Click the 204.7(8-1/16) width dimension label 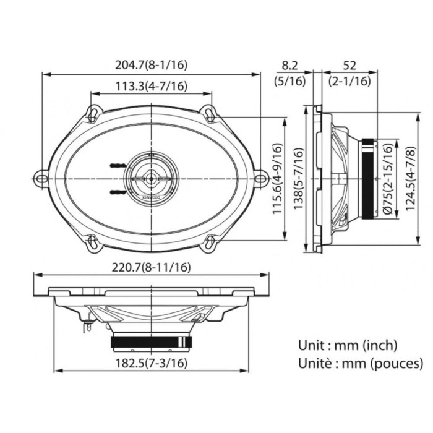click(x=151, y=65)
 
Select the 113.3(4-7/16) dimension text click(x=151, y=86)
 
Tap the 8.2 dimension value click(x=289, y=66)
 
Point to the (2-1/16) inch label click(x=349, y=81)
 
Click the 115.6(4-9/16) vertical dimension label click(x=278, y=178)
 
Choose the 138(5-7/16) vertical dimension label click(x=298, y=179)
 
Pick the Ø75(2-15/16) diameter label click(x=388, y=179)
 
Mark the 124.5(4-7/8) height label click(x=411, y=179)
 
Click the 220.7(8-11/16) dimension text click(x=151, y=267)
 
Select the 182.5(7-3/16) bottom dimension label click(x=151, y=363)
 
